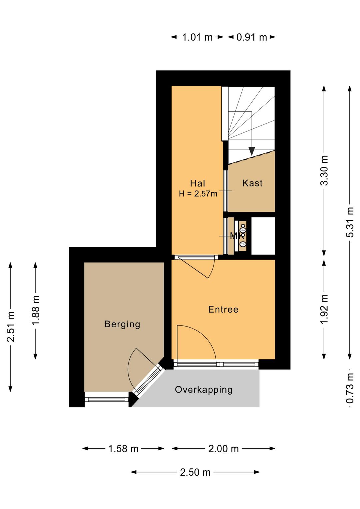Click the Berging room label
122,324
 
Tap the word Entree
223,310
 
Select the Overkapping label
204,390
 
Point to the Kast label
252,183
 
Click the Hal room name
198,183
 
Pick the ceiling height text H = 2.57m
198,193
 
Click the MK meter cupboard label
237,236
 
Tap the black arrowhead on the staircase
252,151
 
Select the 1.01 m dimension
197,37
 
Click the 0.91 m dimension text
252,37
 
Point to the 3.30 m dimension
324,170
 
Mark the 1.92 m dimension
324,309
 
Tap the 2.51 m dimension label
10,327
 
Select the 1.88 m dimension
36,311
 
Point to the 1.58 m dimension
123,449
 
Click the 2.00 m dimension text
223,449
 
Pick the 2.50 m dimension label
195,472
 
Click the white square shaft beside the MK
263,236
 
